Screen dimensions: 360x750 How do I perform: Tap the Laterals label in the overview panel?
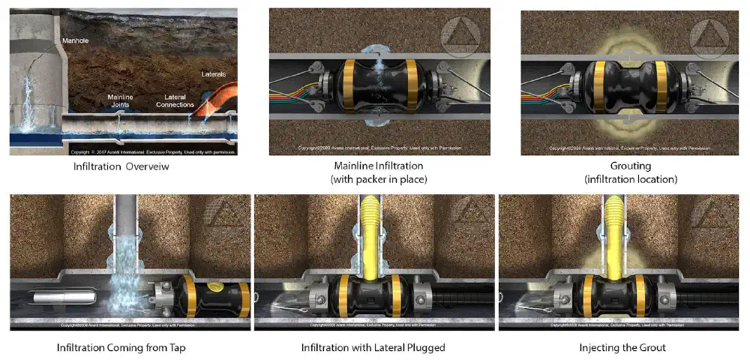(x=213, y=74)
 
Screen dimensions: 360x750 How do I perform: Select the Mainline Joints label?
(x=121, y=101)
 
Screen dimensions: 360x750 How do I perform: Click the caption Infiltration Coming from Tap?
(x=121, y=348)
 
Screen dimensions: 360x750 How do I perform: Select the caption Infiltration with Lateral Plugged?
(x=373, y=348)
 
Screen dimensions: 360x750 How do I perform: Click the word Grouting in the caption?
(x=631, y=166)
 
